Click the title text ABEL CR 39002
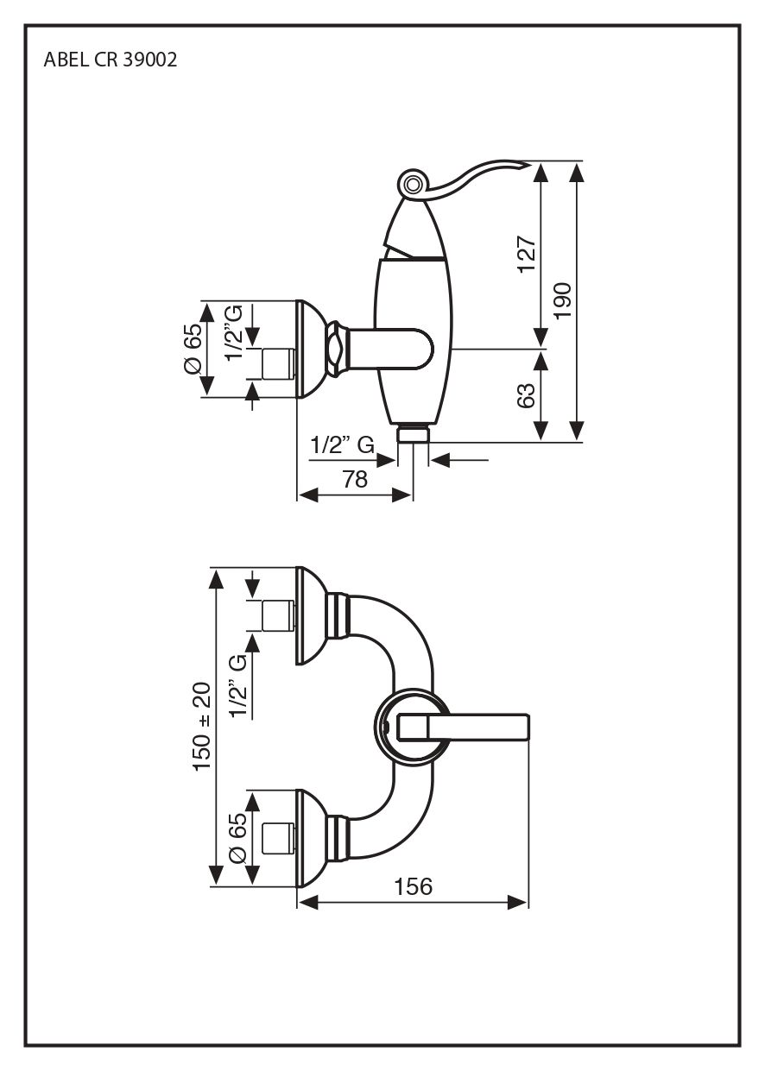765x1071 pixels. [x=111, y=61]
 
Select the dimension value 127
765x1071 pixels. [x=528, y=255]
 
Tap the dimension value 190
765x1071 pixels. [x=563, y=300]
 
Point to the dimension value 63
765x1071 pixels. [x=527, y=395]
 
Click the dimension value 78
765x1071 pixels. [x=355, y=479]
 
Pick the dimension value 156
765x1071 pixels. [x=413, y=886]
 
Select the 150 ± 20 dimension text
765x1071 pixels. [x=202, y=726]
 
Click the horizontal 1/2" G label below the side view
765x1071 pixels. [x=342, y=445]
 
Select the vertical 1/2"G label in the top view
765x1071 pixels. [x=234, y=332]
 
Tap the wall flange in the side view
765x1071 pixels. [x=309, y=350]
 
